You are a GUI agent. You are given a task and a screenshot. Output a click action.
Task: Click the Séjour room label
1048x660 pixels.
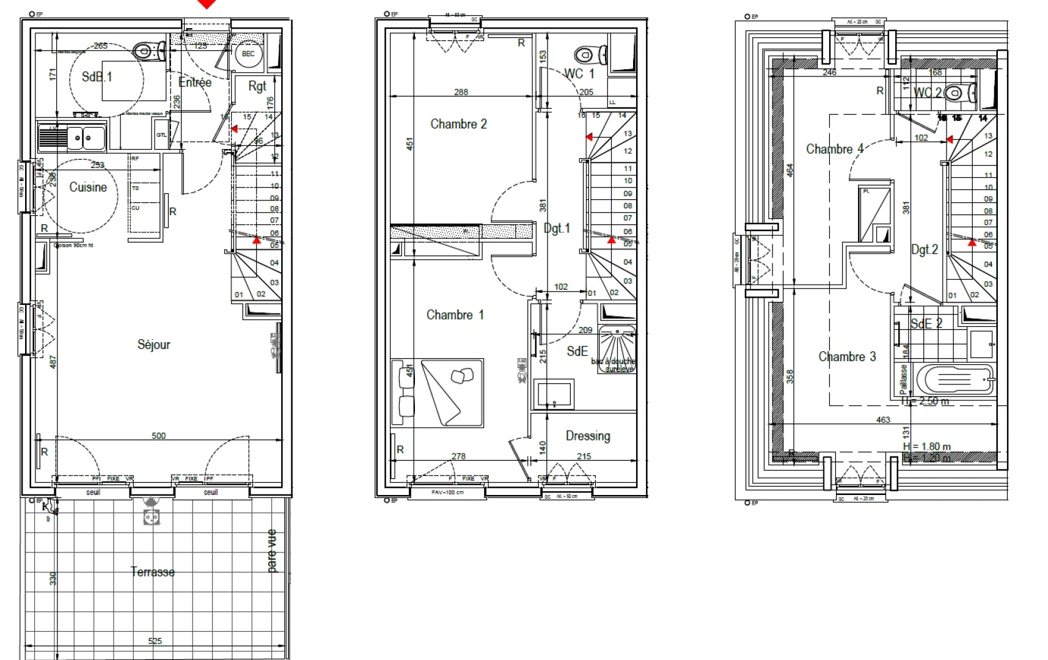coord(153,345)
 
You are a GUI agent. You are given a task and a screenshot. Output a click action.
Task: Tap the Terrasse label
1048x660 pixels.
coord(152,572)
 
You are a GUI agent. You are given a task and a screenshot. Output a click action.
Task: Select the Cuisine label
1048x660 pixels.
coord(88,188)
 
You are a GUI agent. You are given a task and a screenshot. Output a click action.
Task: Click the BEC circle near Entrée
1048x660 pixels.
coord(248,54)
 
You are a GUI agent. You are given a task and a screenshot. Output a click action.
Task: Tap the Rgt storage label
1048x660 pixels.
coord(257,86)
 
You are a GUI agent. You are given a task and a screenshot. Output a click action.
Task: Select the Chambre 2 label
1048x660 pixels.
coord(458,124)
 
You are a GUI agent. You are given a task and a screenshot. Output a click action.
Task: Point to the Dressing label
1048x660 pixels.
coord(587,436)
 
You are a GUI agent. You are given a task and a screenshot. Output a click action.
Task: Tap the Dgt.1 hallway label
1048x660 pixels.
coord(557,229)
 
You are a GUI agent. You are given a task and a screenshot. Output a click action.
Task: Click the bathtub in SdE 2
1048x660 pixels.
coord(956,380)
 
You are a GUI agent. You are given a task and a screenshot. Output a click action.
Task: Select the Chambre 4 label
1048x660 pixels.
coord(835,149)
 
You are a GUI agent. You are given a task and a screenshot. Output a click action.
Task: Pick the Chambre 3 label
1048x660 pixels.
coord(847,357)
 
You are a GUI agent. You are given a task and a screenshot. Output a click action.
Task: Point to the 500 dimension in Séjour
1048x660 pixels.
coord(158,436)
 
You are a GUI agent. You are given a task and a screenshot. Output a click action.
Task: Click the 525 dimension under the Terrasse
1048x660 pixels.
coord(155,641)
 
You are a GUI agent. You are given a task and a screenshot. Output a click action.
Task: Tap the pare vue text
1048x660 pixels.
coord(272,551)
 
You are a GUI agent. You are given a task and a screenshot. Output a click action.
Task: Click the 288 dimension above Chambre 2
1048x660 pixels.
coord(461,92)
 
